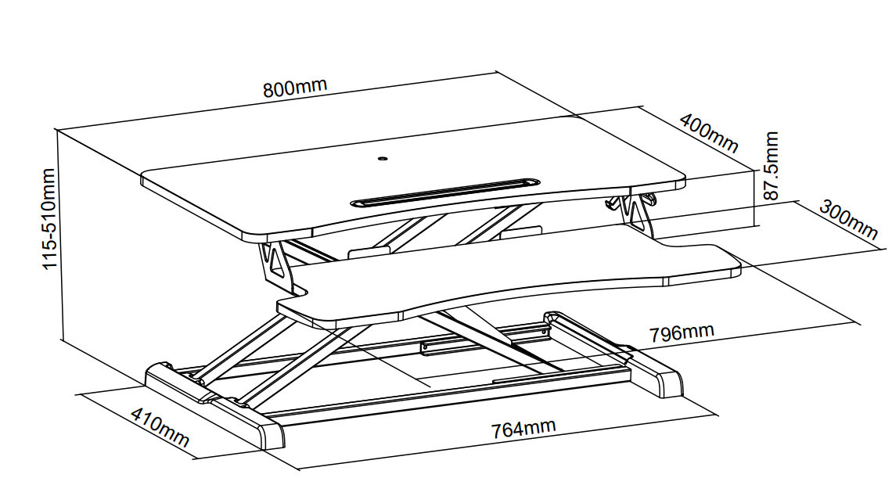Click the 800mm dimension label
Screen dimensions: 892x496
[x=295, y=87]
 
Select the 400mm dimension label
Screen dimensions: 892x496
[x=709, y=134]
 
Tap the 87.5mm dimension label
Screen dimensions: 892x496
[x=770, y=166]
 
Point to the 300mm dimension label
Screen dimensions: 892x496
[x=848, y=220]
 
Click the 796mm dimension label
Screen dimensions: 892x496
[x=682, y=332]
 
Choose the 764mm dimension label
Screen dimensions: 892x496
[x=523, y=428]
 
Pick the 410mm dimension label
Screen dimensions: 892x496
[x=160, y=427]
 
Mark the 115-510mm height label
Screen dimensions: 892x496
[x=49, y=219]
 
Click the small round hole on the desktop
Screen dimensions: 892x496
[x=383, y=159]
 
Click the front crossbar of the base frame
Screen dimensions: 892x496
[x=449, y=398]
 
